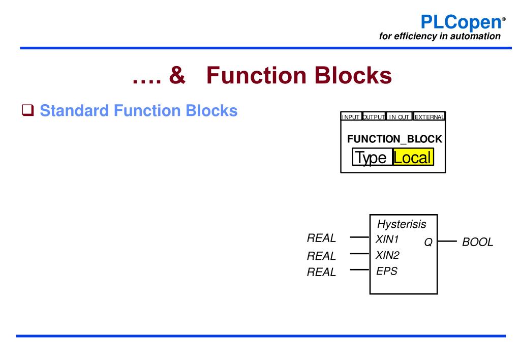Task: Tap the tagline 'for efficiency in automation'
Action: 440,36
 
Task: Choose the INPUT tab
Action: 351,117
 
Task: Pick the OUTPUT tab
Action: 374,117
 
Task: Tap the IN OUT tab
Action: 400,117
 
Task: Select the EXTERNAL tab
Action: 430,117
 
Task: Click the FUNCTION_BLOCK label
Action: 394,139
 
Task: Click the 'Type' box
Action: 372,157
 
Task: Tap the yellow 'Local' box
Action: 413,157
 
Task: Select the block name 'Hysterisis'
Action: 402,224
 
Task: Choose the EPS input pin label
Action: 386,271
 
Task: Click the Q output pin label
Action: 428,243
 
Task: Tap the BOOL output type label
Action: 477,242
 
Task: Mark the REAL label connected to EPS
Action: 321,272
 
